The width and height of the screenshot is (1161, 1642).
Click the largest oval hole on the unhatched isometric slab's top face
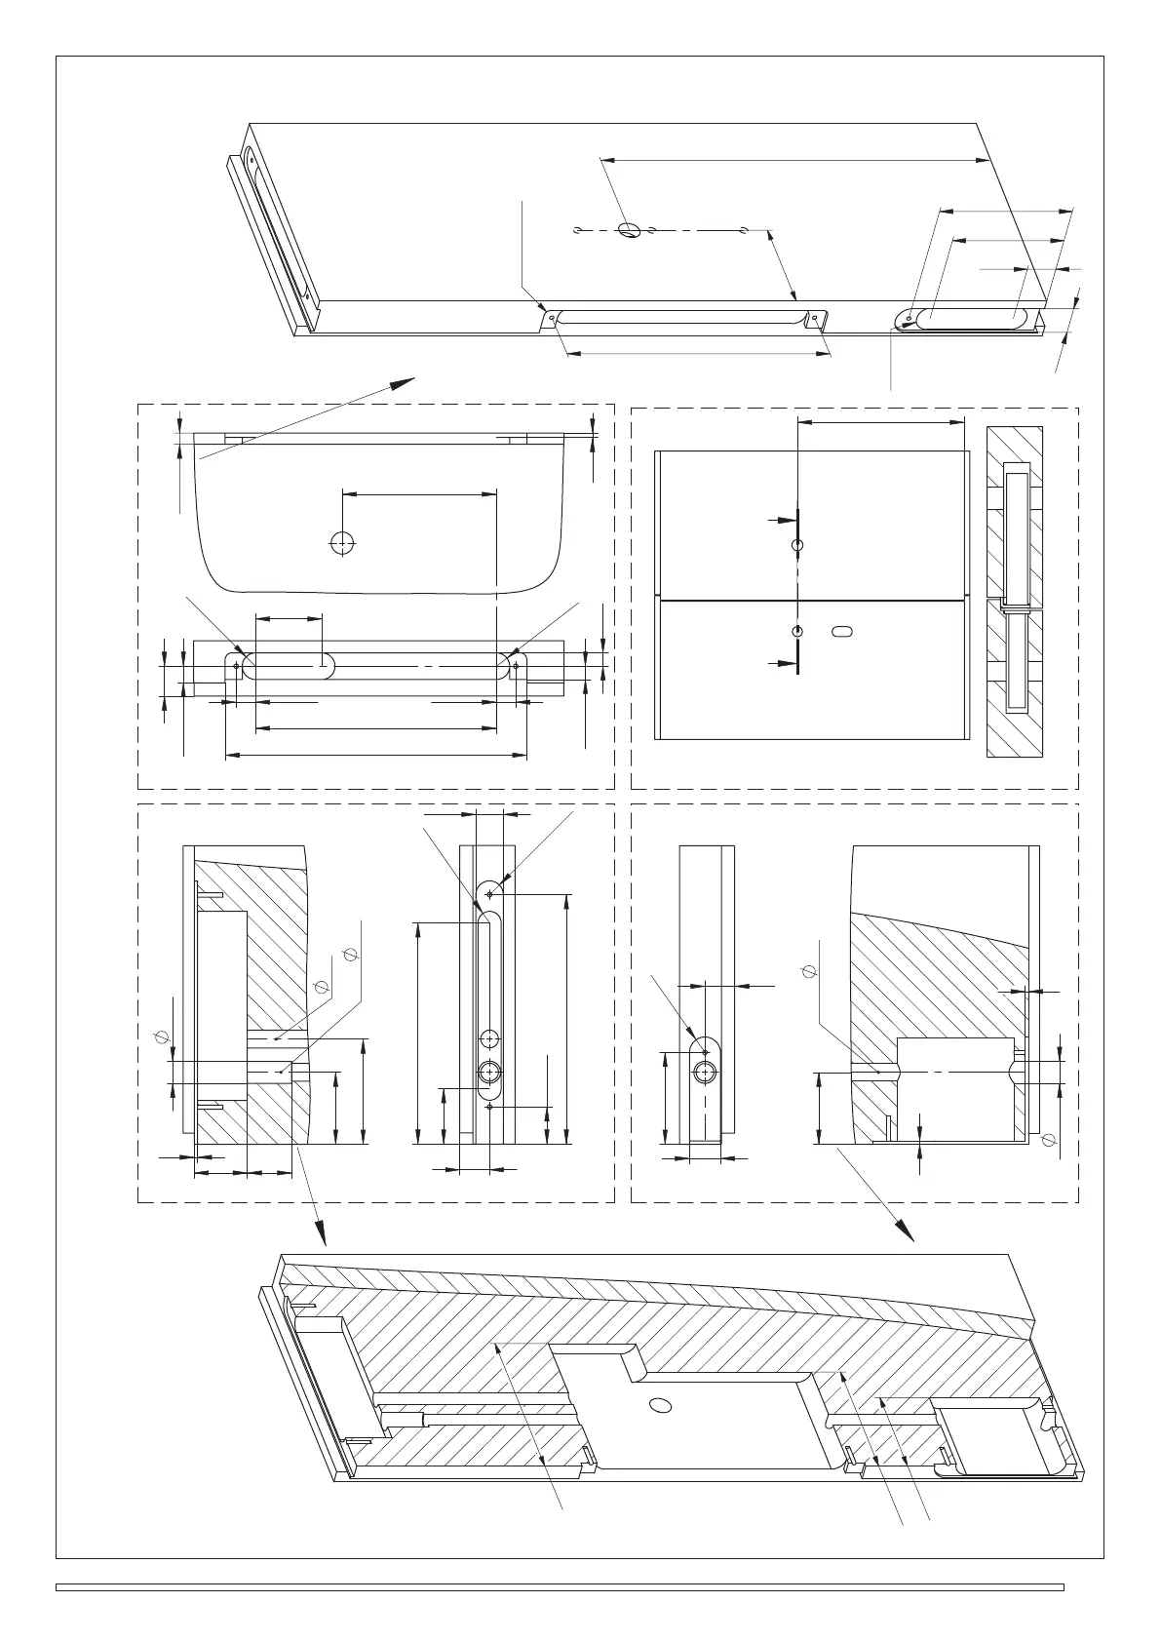coord(630,231)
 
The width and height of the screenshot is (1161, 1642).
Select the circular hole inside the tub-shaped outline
coord(342,543)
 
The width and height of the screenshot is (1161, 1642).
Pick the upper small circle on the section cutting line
coord(797,545)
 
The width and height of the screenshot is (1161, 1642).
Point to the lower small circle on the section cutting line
coord(797,631)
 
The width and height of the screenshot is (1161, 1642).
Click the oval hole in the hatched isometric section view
coord(660,1405)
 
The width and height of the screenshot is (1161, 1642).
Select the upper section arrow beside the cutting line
coord(781,522)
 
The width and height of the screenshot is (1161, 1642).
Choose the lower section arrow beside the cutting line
coord(781,664)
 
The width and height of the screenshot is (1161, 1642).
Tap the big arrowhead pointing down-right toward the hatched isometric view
coord(907,1233)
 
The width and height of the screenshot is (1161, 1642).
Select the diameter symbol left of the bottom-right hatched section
coord(807,970)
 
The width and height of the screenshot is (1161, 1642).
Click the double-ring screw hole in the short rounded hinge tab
coord(705,1072)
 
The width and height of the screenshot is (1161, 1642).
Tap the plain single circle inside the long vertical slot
coord(489,1038)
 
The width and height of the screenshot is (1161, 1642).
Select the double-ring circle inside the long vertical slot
coord(489,1072)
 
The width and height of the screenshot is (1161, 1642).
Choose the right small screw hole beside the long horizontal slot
coord(516,666)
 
